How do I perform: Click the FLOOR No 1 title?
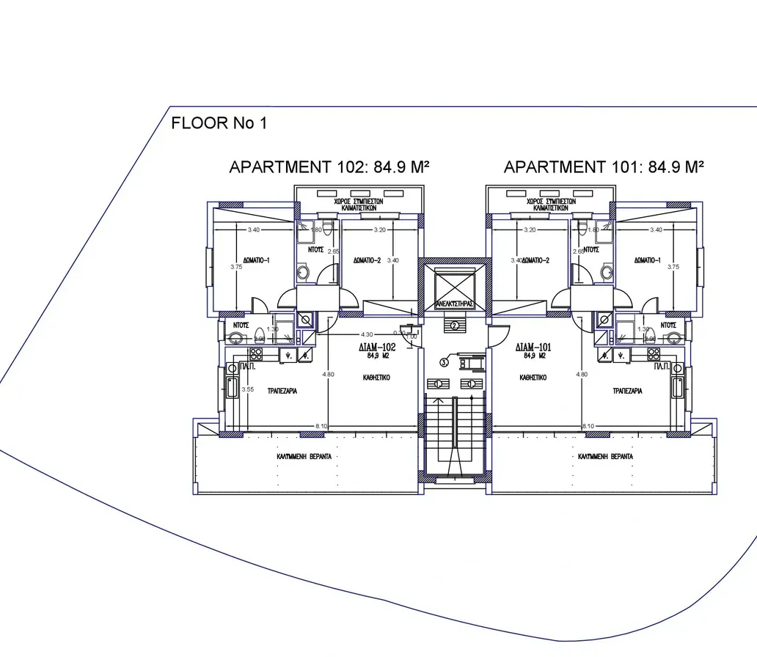tap(219, 123)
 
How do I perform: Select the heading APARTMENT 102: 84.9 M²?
tap(329, 167)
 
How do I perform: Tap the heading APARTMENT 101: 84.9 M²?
tap(604, 167)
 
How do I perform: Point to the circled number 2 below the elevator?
tap(455, 326)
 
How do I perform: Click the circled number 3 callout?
tap(445, 361)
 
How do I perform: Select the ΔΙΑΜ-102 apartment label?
tap(377, 348)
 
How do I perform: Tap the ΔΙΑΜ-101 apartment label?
tap(533, 348)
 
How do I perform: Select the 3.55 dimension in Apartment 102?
tap(248, 390)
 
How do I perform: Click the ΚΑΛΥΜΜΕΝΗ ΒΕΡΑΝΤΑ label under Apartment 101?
tap(606, 456)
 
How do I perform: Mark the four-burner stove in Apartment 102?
tap(268, 355)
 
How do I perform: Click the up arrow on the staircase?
tap(439, 403)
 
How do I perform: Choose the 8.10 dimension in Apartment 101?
tap(588, 426)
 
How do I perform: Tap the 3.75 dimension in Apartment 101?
tap(673, 268)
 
